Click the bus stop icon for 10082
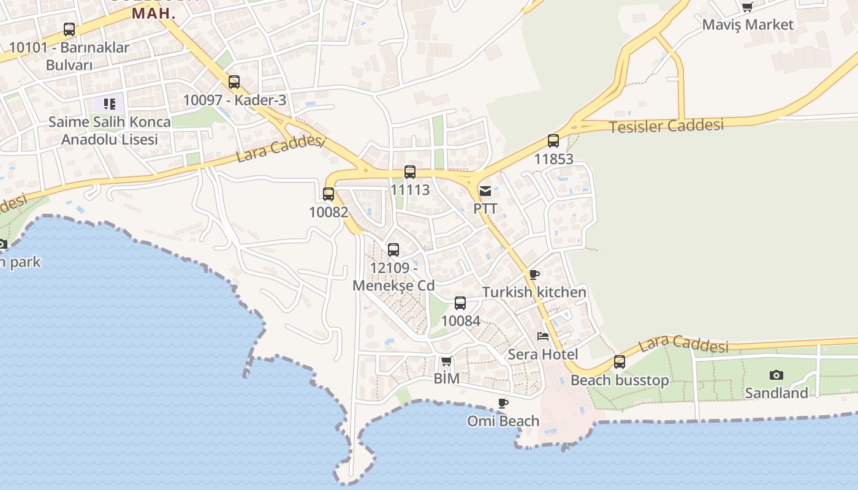tap(328, 194)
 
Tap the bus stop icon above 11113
tap(410, 172)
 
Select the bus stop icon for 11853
tap(553, 141)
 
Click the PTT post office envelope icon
tap(485, 191)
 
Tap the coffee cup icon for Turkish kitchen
tap(534, 274)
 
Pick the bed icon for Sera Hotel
tap(542, 336)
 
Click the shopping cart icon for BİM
tap(446, 361)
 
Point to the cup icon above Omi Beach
tap(503, 403)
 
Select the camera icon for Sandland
tap(776, 375)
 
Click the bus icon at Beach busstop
tap(620, 362)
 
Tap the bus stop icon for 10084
tap(460, 303)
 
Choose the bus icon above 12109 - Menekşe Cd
tap(393, 250)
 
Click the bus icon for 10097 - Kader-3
tap(234, 81)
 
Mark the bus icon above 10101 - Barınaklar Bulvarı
tap(69, 29)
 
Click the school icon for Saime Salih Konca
tap(109, 104)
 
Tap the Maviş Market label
tap(748, 25)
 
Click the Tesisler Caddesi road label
tap(666, 126)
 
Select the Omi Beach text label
tap(503, 421)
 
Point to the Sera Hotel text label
tap(542, 355)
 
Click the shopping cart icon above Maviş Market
tap(747, 7)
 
